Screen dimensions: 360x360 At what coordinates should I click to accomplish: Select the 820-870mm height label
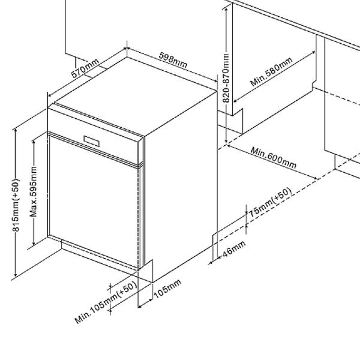226,78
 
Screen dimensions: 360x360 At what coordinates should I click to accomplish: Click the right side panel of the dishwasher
180,180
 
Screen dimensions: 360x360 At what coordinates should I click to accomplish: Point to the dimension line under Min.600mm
270,163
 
